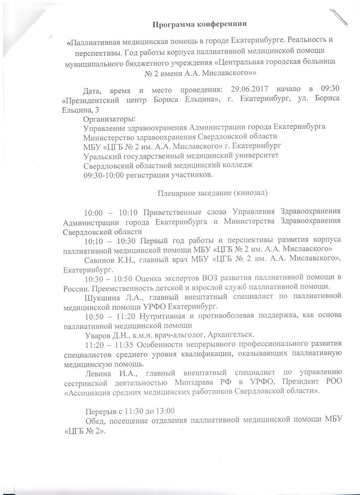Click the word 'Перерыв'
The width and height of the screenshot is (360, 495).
101,410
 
